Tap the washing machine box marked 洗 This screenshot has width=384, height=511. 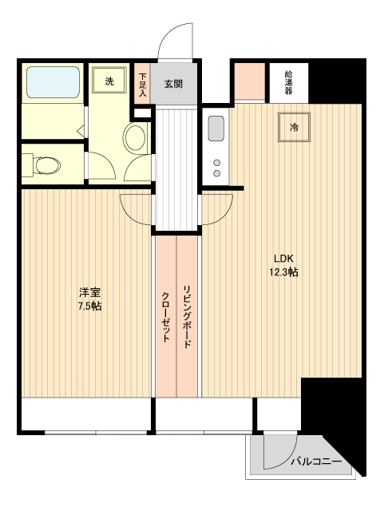tap(110, 81)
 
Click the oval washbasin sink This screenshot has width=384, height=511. tap(135, 138)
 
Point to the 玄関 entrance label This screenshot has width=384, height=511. tap(174, 82)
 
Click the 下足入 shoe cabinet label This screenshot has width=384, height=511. tap(142, 84)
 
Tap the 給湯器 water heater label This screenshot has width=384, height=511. tap(288, 82)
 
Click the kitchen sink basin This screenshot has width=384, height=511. tap(216, 129)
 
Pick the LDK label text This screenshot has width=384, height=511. tap(284, 259)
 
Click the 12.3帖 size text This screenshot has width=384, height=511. tap(284, 272)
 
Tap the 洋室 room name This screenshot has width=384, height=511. tap(88, 292)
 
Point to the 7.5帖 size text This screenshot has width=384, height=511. tap(88, 306)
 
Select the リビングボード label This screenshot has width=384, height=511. tap(187, 316)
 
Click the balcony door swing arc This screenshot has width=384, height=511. tap(275, 454)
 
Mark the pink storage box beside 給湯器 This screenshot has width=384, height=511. tap(249, 79)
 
